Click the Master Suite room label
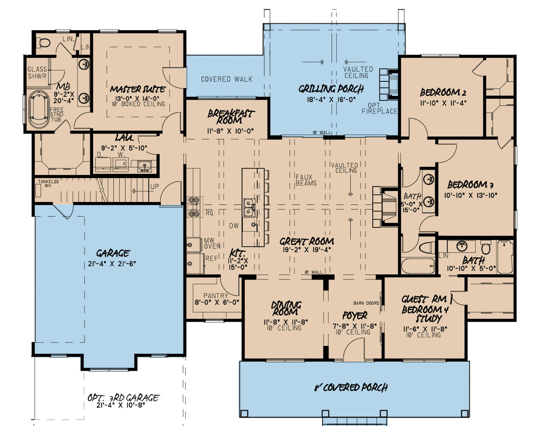click(x=138, y=89)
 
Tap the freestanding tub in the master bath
click(x=39, y=109)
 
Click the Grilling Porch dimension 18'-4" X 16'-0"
click(x=331, y=100)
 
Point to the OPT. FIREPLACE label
click(x=379, y=108)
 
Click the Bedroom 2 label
click(x=443, y=92)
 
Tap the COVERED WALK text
click(x=226, y=79)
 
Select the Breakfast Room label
click(x=231, y=117)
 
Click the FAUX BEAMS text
click(x=306, y=180)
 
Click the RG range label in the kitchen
click(x=209, y=213)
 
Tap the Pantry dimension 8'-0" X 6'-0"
click(x=217, y=302)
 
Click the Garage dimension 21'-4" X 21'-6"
click(x=112, y=264)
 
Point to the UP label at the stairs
click(x=154, y=187)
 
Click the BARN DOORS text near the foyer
click(x=366, y=303)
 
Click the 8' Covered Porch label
click(x=351, y=388)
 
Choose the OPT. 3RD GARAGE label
click(x=123, y=398)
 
